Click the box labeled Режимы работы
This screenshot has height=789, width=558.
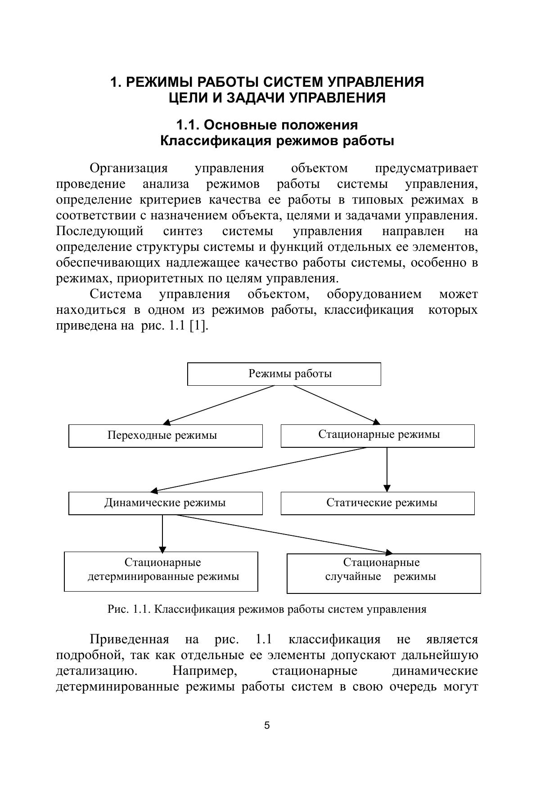click(x=284, y=374)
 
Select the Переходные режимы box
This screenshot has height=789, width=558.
click(x=165, y=436)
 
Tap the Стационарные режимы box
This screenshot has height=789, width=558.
click(x=378, y=436)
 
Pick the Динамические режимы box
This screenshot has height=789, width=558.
click(x=165, y=503)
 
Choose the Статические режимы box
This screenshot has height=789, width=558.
click(x=378, y=503)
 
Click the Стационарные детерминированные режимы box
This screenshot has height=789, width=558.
click(x=161, y=571)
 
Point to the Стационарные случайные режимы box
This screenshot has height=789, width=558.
click(x=383, y=573)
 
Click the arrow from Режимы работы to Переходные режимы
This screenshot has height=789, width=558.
click(x=219, y=405)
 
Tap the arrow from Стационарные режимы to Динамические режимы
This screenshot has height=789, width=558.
click(x=259, y=469)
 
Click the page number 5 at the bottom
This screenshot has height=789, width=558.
click(x=267, y=725)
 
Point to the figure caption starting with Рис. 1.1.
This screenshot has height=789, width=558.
click(x=266, y=609)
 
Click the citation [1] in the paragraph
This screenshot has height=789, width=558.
click(x=198, y=325)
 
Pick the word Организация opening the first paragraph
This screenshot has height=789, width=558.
click(x=129, y=168)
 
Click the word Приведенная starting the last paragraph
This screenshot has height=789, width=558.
click(x=129, y=639)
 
